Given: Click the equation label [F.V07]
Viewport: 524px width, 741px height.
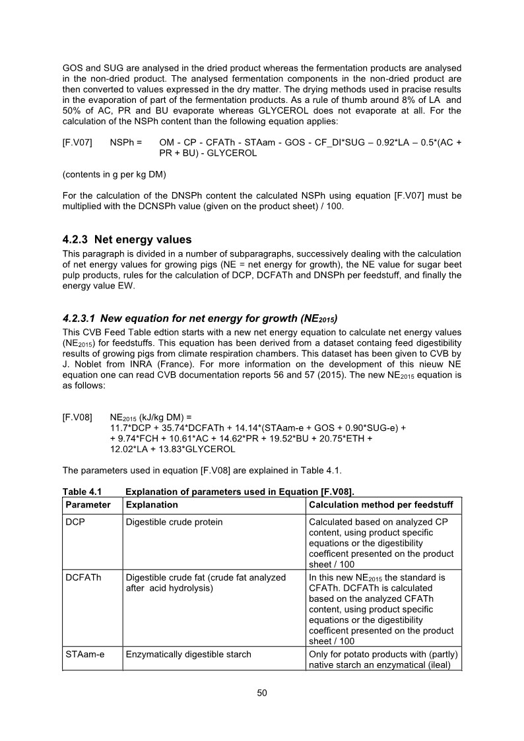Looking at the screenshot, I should tap(77, 143).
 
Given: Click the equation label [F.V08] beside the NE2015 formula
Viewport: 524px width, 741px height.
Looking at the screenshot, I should tap(77, 418).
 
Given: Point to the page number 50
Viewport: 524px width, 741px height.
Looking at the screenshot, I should tap(262, 693).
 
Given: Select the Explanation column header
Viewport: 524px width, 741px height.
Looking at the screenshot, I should tap(152, 505).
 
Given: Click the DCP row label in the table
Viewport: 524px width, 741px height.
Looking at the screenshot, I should tap(75, 522).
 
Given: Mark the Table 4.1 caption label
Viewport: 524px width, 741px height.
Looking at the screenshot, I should tap(81, 492).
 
